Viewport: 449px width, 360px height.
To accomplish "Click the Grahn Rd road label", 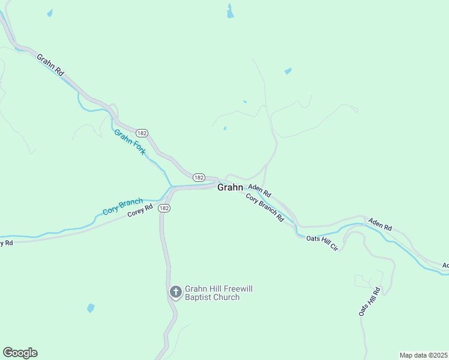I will (x=50, y=65).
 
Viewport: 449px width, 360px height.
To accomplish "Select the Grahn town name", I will (x=230, y=187).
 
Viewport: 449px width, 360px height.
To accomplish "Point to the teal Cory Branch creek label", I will (x=122, y=206).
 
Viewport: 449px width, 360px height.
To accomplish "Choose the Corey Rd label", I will (x=140, y=212).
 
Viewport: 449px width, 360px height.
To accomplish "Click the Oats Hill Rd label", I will (x=369, y=302).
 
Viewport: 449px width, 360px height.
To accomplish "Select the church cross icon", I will (x=176, y=292).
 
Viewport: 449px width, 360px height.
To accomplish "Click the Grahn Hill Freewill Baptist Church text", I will (x=218, y=293).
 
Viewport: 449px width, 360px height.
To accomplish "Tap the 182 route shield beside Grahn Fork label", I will (x=142, y=133).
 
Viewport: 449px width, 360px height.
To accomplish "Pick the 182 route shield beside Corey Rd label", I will (x=165, y=208).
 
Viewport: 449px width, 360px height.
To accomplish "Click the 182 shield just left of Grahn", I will (x=199, y=178).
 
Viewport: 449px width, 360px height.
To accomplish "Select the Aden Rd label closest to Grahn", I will (x=260, y=191).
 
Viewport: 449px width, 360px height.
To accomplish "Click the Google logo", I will (x=20, y=353).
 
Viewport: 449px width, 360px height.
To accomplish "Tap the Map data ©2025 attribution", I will (x=424, y=355).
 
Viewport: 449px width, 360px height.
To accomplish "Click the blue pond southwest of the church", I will (x=91, y=308).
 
